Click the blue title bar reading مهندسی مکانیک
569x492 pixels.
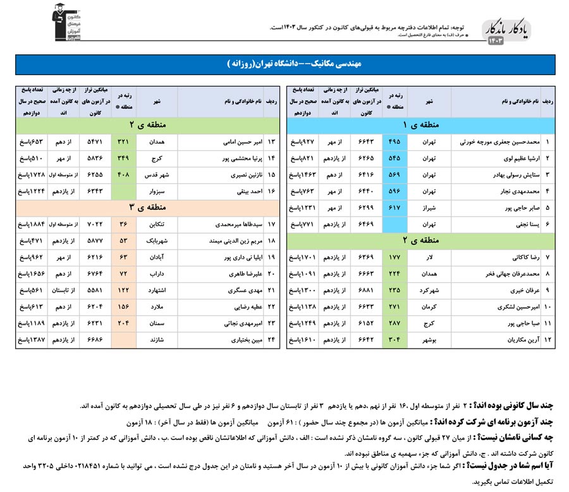[x=284, y=65]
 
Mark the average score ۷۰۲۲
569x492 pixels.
[x=95, y=224]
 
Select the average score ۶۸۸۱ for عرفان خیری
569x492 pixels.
[x=367, y=291]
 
